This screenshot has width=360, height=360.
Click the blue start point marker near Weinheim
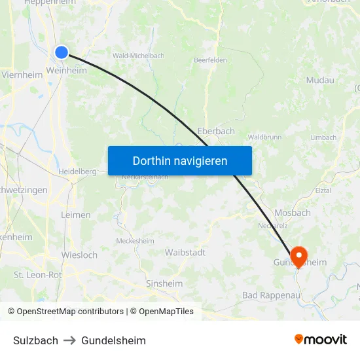(x=62, y=52)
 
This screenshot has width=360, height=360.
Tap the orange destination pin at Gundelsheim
(x=298, y=255)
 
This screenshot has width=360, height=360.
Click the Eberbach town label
(x=216, y=131)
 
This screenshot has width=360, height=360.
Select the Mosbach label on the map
(x=293, y=213)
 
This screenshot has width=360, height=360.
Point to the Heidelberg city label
(x=78, y=171)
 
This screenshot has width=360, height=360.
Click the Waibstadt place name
(x=185, y=252)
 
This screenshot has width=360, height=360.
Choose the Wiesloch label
(x=79, y=255)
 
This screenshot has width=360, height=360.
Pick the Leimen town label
(x=75, y=215)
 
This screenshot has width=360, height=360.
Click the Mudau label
(x=320, y=80)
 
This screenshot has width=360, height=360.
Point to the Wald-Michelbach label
(x=139, y=56)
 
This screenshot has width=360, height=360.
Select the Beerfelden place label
(x=210, y=60)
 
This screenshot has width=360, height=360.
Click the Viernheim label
(x=22, y=75)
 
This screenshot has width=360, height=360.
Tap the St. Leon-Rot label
(x=38, y=275)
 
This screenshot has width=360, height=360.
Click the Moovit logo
(x=321, y=339)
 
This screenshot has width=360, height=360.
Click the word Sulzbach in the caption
(x=35, y=340)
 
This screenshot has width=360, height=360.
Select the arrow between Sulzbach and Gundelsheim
(x=70, y=340)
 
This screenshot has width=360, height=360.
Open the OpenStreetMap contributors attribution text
(x=70, y=312)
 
